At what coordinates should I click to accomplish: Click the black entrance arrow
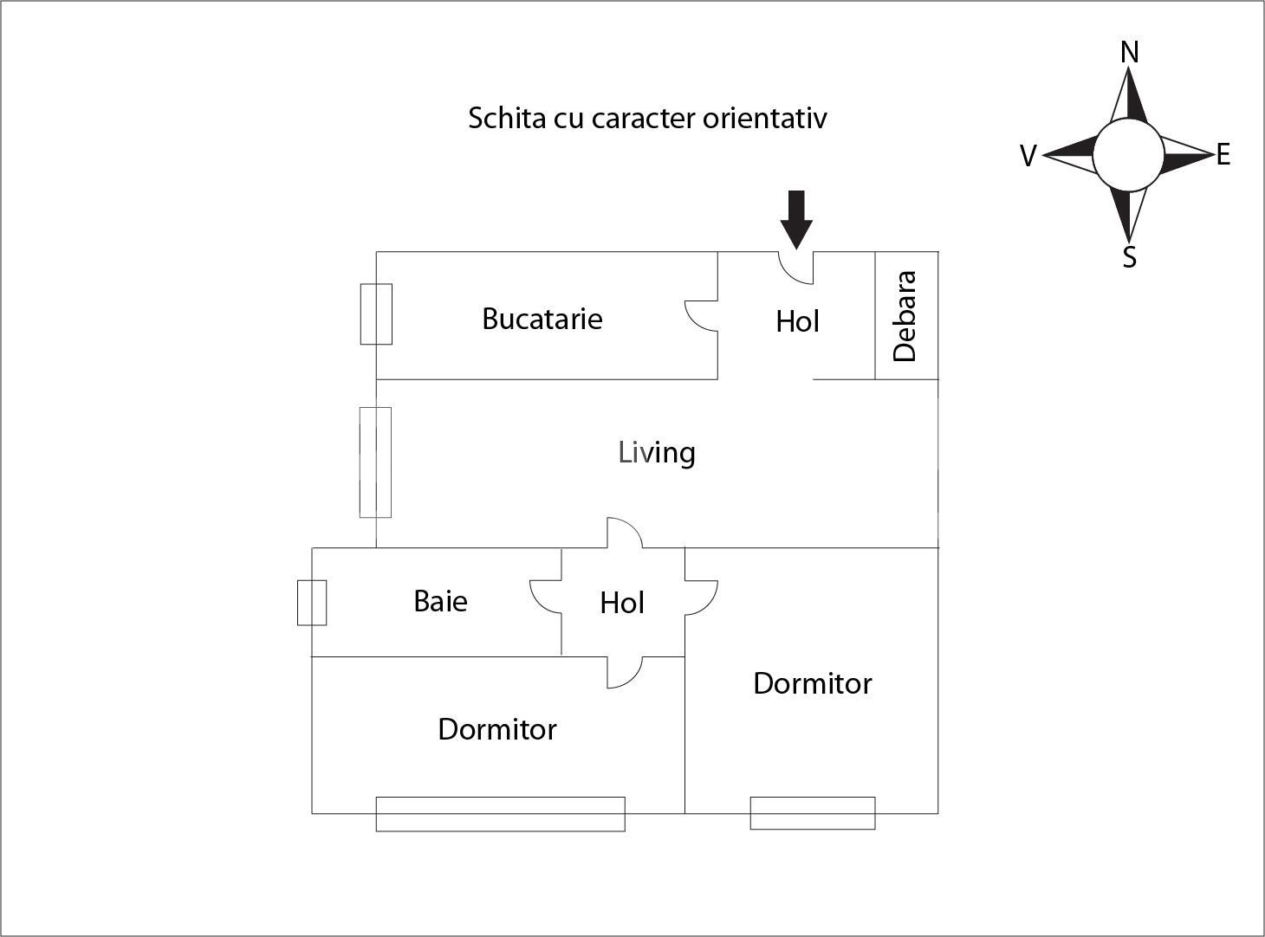click(x=796, y=220)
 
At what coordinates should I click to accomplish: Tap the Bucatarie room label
click(x=542, y=319)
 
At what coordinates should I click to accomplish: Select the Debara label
click(x=905, y=316)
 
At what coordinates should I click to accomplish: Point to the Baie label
click(x=440, y=601)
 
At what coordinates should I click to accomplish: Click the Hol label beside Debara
click(x=797, y=321)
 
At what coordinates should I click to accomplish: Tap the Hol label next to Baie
click(x=621, y=603)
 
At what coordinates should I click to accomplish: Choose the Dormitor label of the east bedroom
click(x=813, y=683)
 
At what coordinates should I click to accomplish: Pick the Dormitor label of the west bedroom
click(x=496, y=729)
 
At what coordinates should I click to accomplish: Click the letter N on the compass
click(x=1129, y=53)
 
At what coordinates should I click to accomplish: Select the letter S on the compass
click(x=1129, y=257)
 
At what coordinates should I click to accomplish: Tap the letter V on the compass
click(x=1028, y=156)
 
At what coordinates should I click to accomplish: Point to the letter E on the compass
click(x=1223, y=154)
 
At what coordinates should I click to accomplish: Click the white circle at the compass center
click(x=1128, y=154)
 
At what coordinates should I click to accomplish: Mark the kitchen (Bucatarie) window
click(x=376, y=314)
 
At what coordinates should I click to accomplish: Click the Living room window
click(x=375, y=462)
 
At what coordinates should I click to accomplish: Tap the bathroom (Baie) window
click(x=312, y=603)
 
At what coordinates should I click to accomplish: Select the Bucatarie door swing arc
click(x=701, y=316)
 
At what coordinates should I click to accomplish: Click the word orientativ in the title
click(x=765, y=118)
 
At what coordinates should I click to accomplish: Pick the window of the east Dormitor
click(x=813, y=813)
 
